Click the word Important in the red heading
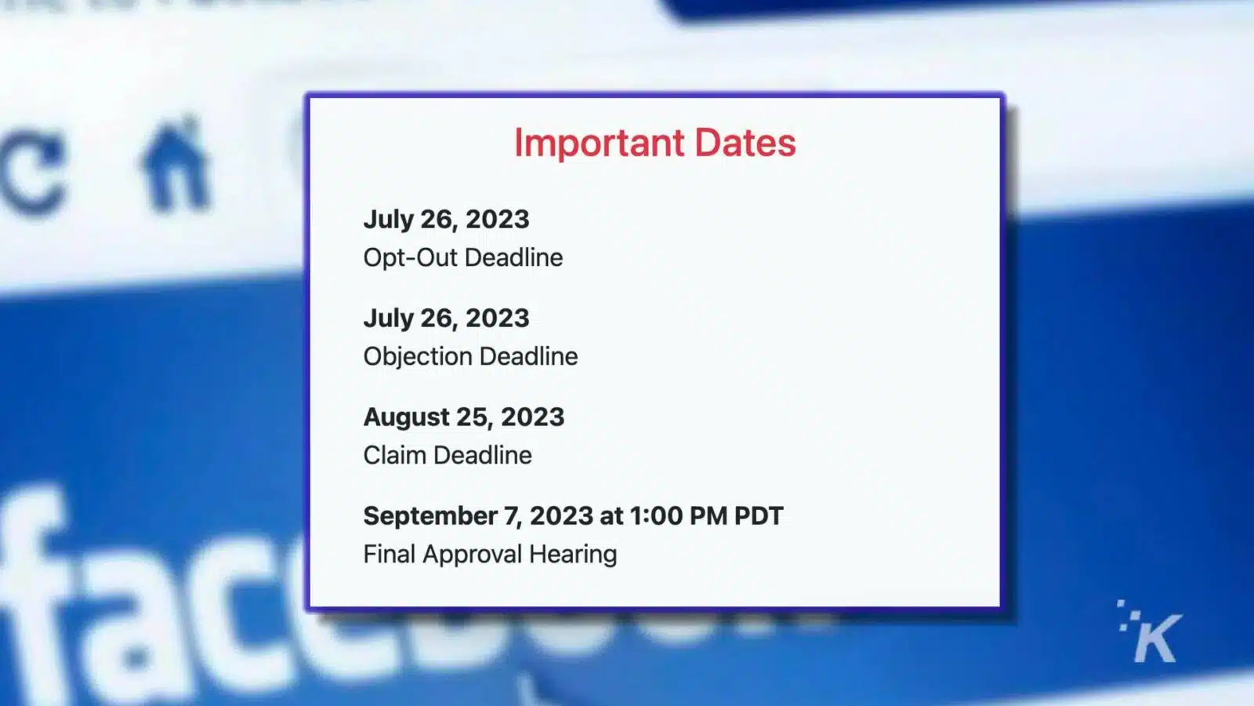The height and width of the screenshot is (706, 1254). click(599, 144)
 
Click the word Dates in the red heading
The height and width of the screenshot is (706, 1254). click(745, 144)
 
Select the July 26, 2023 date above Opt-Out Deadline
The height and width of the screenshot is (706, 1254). click(446, 220)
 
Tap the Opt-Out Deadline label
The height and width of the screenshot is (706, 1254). click(462, 257)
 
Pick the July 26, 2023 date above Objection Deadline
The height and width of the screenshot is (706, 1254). click(446, 318)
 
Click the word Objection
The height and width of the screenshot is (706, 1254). click(418, 357)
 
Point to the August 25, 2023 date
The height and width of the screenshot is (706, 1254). click(463, 417)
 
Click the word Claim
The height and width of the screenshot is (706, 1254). click(394, 456)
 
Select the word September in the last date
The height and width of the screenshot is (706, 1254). click(429, 516)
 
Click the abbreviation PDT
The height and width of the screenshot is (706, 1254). click(758, 516)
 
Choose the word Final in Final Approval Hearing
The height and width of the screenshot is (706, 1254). click(389, 555)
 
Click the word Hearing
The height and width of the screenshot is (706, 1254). click(573, 555)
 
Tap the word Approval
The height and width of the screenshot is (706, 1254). click(472, 555)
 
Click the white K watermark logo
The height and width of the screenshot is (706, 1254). click(1153, 634)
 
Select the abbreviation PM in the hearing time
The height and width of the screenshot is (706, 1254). click(709, 516)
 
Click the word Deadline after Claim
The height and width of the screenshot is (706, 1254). click(483, 456)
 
